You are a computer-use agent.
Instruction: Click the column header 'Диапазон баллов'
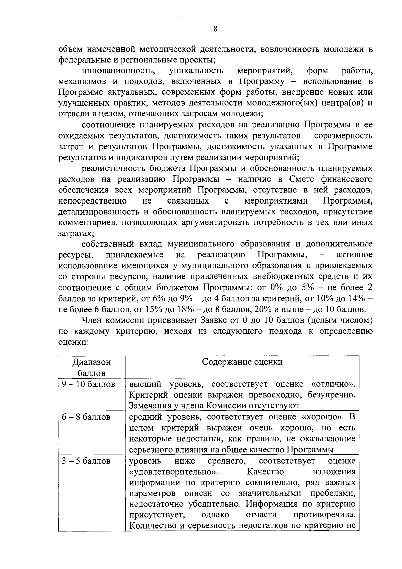point(91,367)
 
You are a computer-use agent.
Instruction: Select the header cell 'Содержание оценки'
point(242,362)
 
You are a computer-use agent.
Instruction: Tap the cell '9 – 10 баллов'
point(88,384)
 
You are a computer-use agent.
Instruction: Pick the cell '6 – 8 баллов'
point(86,417)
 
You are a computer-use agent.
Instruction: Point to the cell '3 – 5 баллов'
point(86,461)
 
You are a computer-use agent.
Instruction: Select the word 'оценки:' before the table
point(73,342)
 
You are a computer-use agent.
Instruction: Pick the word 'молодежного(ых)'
point(283,103)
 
